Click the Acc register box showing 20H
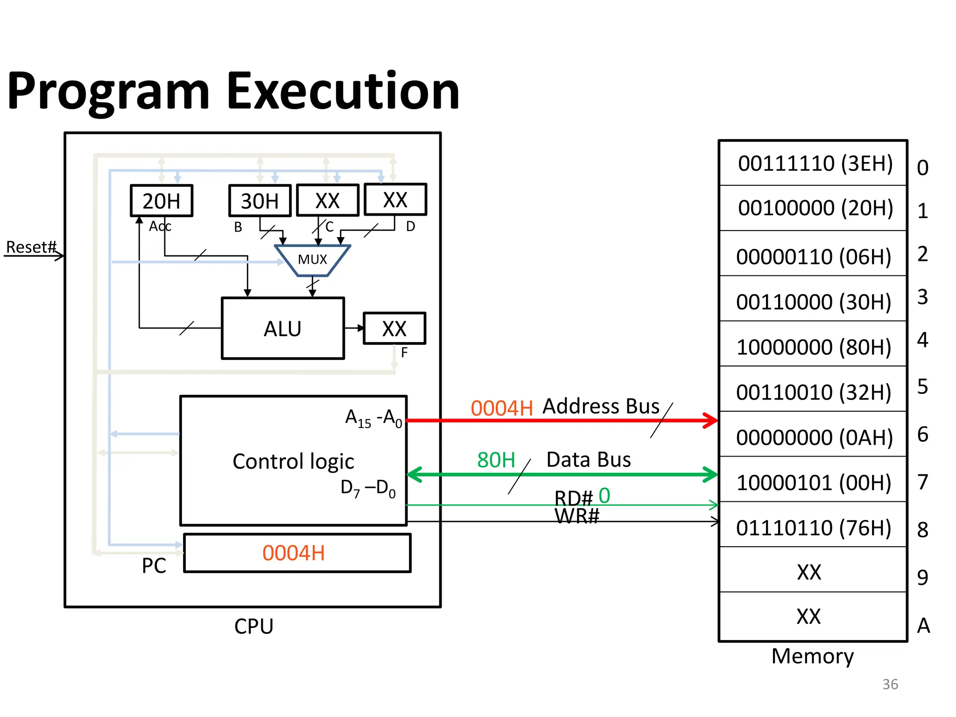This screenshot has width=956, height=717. (161, 201)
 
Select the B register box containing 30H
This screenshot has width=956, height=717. (260, 201)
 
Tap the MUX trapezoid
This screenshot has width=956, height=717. (312, 260)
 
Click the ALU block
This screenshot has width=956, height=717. (282, 329)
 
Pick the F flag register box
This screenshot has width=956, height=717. (394, 329)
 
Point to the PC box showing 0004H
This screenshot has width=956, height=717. (297, 553)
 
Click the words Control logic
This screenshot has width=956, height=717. (293, 462)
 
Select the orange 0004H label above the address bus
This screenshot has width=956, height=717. (501, 408)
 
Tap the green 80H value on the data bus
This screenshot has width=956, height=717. (496, 460)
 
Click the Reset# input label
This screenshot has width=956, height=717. (31, 247)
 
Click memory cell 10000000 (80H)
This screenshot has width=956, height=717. (814, 347)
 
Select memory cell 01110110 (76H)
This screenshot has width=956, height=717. (814, 528)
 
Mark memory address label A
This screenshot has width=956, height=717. (923, 626)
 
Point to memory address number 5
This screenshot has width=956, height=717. (922, 387)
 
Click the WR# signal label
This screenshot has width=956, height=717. (576, 517)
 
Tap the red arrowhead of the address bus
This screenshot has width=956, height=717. (711, 420)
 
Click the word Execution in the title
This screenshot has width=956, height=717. (343, 91)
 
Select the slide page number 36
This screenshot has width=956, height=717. (890, 684)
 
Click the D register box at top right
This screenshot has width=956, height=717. (395, 200)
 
